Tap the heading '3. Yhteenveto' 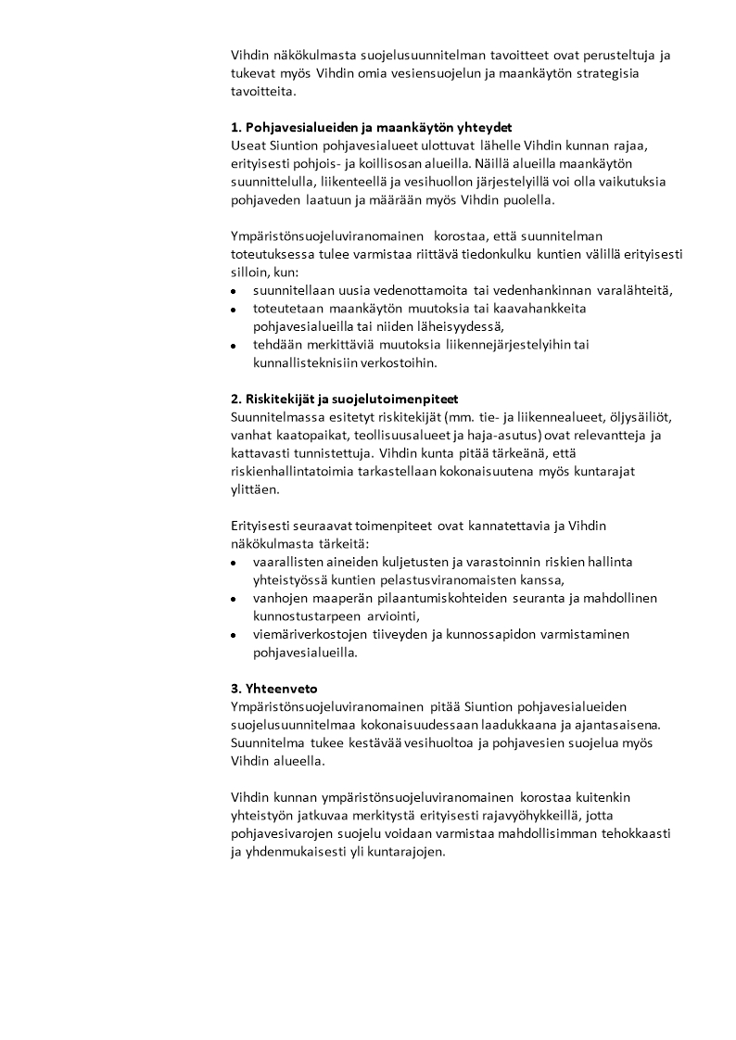(274, 688)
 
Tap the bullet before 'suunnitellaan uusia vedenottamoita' (235, 291)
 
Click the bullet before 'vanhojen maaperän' (235, 600)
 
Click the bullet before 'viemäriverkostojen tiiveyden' (235, 636)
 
